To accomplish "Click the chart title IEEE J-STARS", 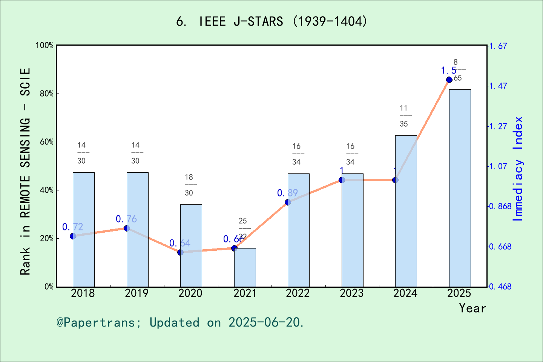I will [x=271, y=21].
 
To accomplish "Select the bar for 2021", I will [x=245, y=267].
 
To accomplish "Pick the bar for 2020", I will [x=191, y=245].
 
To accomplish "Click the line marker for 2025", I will [x=449, y=80].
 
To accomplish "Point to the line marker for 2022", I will [x=288, y=202].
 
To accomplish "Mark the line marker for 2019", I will [x=127, y=228].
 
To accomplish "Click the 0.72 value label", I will [x=73, y=227].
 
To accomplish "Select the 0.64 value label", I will [x=180, y=243].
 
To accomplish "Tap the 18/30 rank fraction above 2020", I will [x=189, y=185].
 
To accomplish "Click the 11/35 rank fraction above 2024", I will [x=404, y=116].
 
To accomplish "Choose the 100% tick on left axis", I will [x=45, y=45].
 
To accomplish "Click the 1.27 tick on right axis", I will [x=498, y=126].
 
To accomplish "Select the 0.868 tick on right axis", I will [x=500, y=206].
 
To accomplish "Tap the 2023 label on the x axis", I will [x=352, y=293].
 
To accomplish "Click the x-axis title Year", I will [x=472, y=308].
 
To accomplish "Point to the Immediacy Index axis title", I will [x=518, y=169].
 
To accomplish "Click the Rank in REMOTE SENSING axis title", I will [x=25, y=172].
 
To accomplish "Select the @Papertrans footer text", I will [x=180, y=322].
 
